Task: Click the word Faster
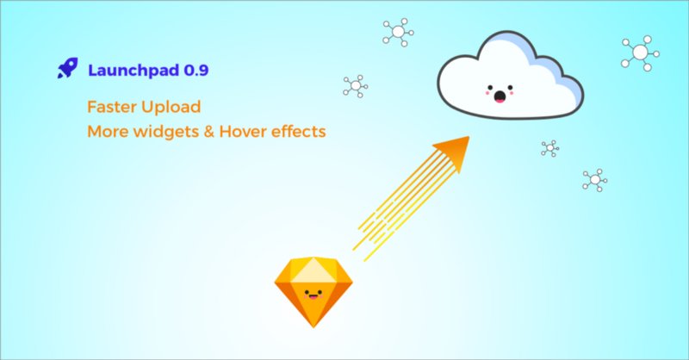click(113, 108)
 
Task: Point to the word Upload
click(172, 109)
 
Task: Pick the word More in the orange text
click(106, 133)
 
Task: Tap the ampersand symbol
click(213, 133)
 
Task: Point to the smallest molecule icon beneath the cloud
click(549, 148)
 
